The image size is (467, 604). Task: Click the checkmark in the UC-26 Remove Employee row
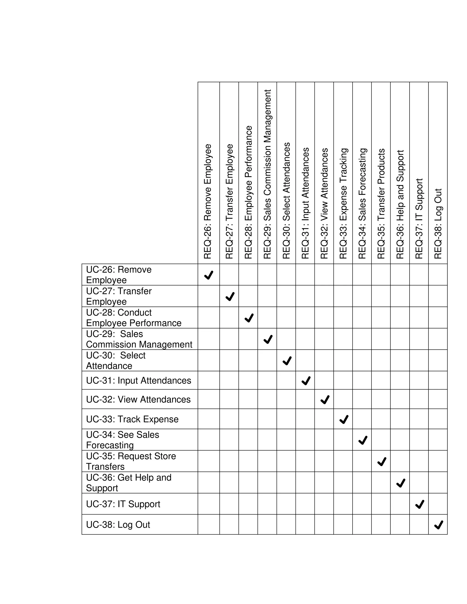point(209,275)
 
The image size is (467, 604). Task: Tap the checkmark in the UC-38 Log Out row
point(438,525)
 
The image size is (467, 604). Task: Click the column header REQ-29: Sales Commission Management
point(267,174)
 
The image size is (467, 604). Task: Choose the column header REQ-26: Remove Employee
point(208,201)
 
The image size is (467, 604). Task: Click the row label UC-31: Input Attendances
point(138,381)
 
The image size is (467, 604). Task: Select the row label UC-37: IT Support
point(123,504)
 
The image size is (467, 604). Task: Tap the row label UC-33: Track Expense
point(132,419)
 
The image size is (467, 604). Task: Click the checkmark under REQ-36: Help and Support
point(401,483)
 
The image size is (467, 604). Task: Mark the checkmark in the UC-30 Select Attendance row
point(287,361)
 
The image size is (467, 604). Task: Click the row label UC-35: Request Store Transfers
point(131,461)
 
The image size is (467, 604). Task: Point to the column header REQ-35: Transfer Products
point(381,204)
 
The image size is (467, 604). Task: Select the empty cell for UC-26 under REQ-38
point(438,275)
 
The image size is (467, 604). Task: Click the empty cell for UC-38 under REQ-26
point(209,524)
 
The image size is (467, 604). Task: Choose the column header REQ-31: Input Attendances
point(305,203)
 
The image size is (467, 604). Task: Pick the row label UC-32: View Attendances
point(138,400)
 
